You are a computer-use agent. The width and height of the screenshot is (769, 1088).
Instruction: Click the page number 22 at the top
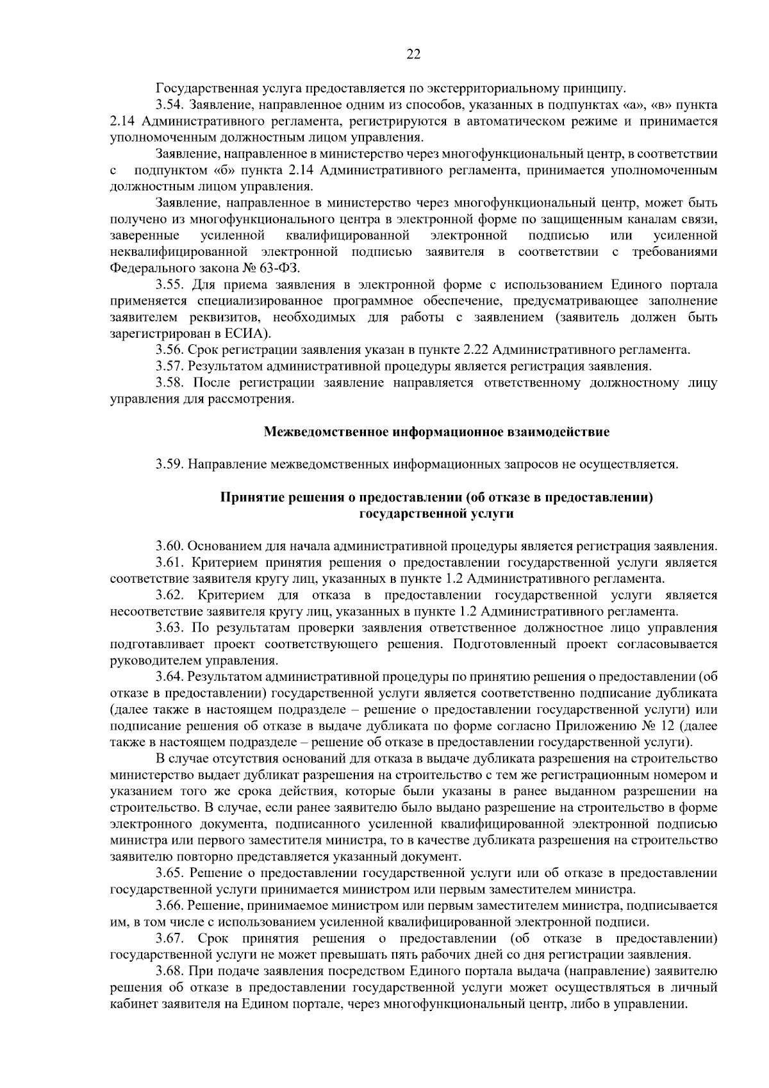click(x=413, y=54)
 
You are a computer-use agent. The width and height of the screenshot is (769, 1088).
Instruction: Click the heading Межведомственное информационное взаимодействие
click(x=437, y=432)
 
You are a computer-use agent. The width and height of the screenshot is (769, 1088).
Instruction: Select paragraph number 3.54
click(x=170, y=105)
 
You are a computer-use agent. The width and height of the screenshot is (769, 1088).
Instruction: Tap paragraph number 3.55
click(x=170, y=285)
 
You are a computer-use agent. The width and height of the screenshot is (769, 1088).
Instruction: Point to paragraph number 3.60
click(x=170, y=547)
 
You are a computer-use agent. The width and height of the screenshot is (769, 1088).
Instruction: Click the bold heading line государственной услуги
click(x=437, y=514)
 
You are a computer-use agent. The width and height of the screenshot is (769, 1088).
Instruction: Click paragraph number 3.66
click(x=170, y=906)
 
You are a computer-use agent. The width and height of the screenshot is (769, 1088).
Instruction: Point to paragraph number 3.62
click(x=170, y=595)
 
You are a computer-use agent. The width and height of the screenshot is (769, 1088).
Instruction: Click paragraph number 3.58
click(x=170, y=383)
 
